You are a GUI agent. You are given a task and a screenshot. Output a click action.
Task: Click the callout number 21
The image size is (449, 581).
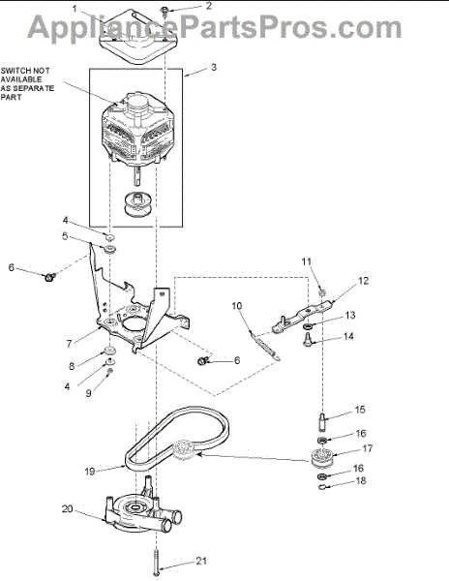201,561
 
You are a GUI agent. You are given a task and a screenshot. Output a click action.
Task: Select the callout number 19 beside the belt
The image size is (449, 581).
90,472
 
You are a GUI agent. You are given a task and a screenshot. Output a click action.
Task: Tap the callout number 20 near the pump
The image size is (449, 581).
67,509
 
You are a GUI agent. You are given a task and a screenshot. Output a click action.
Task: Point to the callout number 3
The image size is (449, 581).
214,68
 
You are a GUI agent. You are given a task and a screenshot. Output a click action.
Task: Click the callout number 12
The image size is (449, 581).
364,281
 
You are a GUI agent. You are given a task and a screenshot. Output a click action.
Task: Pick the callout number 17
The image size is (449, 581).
367,448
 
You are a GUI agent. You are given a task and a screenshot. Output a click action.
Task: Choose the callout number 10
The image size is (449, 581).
237,306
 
